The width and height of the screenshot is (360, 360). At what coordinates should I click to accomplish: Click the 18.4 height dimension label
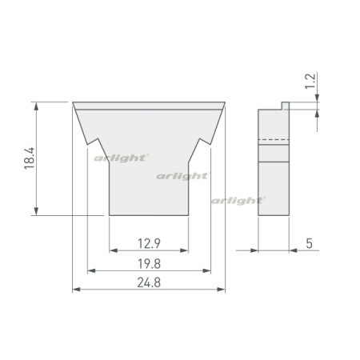point(30,158)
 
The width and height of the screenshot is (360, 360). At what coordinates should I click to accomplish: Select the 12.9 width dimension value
point(149,243)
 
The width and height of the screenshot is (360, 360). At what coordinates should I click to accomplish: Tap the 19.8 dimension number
point(149,264)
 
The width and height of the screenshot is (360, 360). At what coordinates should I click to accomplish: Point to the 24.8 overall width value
point(149,282)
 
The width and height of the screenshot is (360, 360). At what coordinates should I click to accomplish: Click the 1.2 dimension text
point(310,81)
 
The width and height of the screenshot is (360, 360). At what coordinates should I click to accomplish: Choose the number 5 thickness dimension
point(309,243)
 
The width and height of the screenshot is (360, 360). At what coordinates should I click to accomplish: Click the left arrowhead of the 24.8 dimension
point(77,290)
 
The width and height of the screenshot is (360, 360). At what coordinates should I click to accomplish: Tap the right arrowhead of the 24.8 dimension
point(222,290)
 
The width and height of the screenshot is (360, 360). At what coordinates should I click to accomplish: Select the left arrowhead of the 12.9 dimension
point(114,250)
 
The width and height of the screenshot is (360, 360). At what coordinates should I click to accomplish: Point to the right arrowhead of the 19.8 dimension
point(206,270)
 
